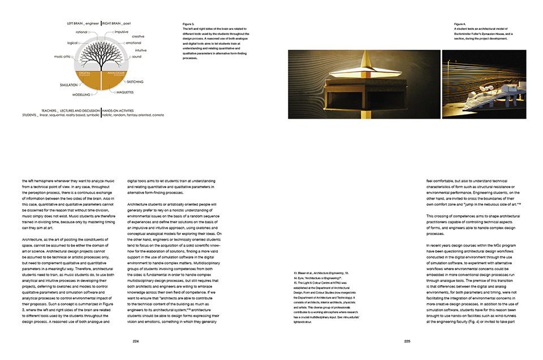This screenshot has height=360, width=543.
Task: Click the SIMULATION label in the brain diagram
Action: (69, 85)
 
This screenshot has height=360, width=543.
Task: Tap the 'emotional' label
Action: (133, 42)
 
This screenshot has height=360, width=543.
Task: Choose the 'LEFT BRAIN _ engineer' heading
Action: (83, 24)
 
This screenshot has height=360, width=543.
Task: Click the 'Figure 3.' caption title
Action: (188, 24)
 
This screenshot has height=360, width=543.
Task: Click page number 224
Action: (136, 341)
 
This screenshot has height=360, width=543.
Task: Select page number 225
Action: (407, 341)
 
